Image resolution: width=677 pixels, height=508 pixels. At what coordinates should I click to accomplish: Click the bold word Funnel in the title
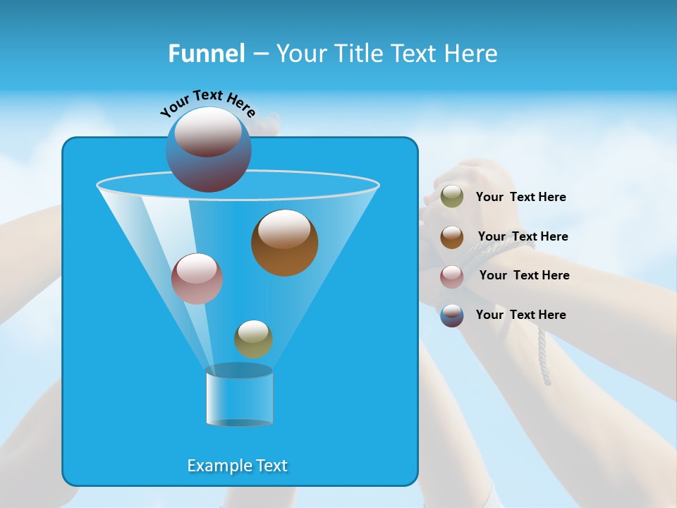[206, 54]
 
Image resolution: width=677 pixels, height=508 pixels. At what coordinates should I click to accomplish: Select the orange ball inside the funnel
[284, 243]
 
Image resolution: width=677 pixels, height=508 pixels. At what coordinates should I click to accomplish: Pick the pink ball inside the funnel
[197, 279]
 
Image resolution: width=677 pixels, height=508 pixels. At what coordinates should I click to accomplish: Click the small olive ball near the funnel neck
[253, 339]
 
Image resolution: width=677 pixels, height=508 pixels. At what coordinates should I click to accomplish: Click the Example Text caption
[237, 466]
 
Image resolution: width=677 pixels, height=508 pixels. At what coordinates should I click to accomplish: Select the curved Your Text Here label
[207, 103]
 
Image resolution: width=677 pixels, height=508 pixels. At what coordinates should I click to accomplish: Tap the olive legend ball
[452, 197]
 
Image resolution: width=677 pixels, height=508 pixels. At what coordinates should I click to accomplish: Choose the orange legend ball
[452, 237]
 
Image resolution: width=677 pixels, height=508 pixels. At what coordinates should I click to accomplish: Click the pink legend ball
[452, 277]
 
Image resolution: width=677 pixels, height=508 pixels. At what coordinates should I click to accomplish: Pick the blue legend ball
[452, 315]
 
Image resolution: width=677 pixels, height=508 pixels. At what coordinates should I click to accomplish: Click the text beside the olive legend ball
[520, 198]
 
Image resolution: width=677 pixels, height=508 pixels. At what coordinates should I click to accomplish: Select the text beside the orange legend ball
[523, 237]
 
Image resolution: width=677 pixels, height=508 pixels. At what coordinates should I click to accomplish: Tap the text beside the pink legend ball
[524, 276]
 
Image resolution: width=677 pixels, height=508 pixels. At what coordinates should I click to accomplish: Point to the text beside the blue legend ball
[520, 315]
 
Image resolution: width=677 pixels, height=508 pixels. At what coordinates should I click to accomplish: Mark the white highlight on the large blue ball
[208, 131]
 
